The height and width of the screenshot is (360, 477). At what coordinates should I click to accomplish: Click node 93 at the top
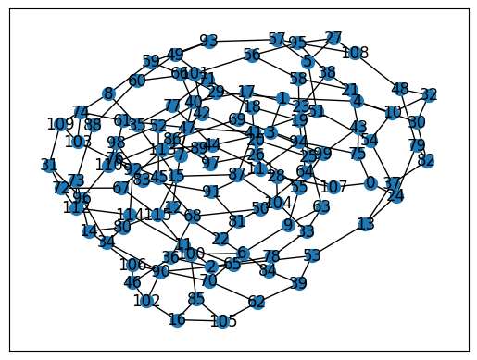pyautogui.click(x=209, y=41)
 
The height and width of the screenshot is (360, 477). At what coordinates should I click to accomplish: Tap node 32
pyautogui.click(x=428, y=95)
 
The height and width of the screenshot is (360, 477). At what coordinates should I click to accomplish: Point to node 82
pyautogui.click(x=426, y=160)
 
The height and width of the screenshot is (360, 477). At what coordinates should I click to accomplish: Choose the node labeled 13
pyautogui.click(x=366, y=224)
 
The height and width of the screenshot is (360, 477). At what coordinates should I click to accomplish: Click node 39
pyautogui.click(x=298, y=283)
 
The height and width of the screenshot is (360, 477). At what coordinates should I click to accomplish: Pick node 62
pyautogui.click(x=257, y=302)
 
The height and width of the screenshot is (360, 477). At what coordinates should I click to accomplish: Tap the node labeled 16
pyautogui.click(x=177, y=320)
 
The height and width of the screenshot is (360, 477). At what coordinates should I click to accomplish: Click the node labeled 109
pyautogui.click(x=60, y=124)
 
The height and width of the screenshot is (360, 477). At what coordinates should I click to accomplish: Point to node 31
pyautogui.click(x=49, y=165)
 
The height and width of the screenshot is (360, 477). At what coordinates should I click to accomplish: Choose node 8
pyautogui.click(x=109, y=93)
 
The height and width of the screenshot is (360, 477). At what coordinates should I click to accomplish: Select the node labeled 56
pyautogui.click(x=252, y=56)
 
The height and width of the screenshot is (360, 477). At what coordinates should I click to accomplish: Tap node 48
pyautogui.click(x=400, y=89)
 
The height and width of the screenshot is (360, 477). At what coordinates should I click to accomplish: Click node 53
pyautogui.click(x=312, y=255)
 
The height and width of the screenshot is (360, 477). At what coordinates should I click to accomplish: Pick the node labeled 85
pyautogui.click(x=195, y=299)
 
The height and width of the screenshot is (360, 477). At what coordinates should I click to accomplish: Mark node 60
pyautogui.click(x=137, y=81)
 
